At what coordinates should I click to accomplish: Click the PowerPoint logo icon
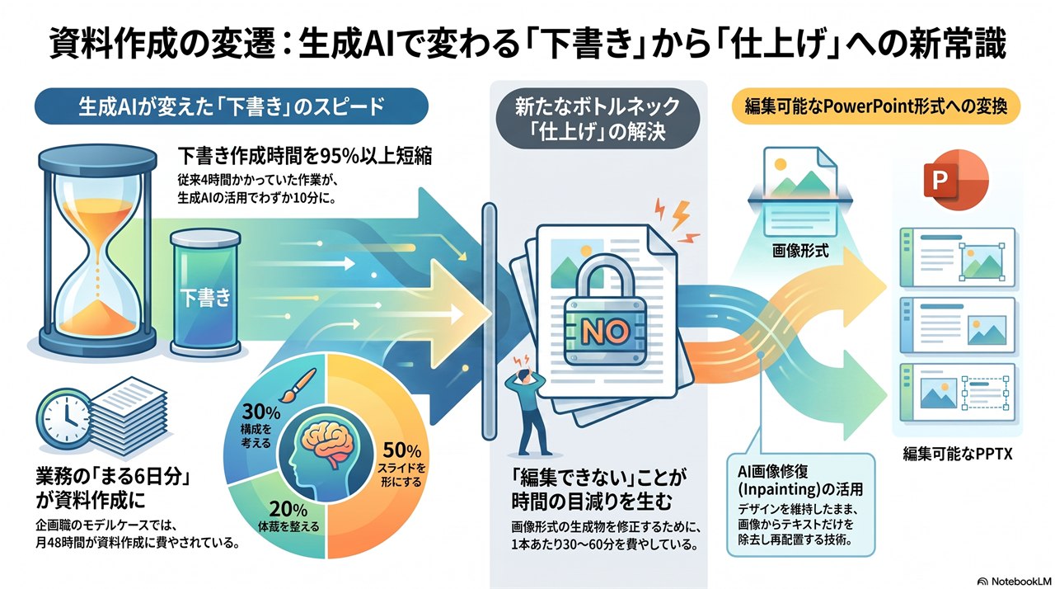[x=955, y=180]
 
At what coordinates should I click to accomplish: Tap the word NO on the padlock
[x=605, y=332]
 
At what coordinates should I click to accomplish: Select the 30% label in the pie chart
[x=261, y=412]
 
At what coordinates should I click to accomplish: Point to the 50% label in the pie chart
[x=401, y=450]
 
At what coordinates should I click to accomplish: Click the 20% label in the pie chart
[x=288, y=509]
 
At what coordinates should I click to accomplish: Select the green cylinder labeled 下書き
[x=205, y=292]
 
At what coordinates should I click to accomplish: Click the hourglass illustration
[x=97, y=250]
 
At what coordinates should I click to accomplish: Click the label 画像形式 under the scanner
[x=800, y=251]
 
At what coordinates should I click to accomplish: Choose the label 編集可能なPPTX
[x=958, y=454]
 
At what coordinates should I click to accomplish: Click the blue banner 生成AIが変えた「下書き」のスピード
[x=232, y=106]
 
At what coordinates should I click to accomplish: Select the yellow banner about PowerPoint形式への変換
[x=875, y=106]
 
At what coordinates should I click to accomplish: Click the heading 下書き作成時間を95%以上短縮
[x=305, y=157]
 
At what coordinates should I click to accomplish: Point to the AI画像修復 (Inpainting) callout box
[x=800, y=505]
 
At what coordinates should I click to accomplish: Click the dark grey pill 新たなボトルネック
[x=598, y=120]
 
